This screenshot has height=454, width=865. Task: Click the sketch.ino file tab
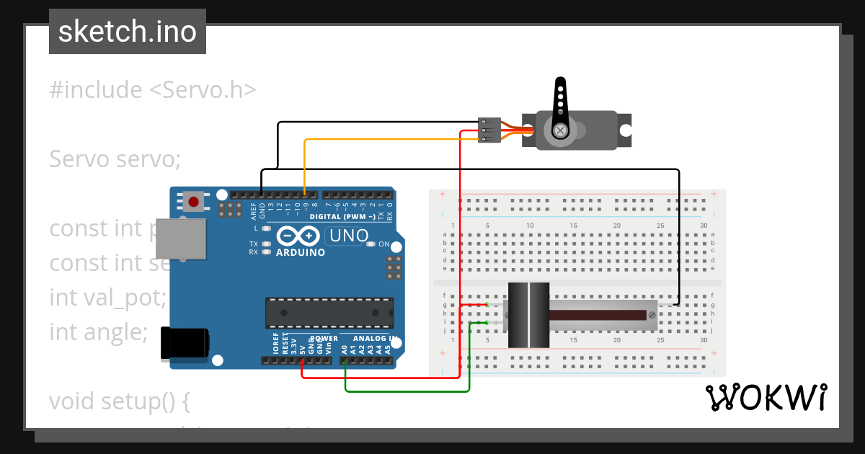coord(127,32)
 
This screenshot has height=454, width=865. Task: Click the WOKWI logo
coord(766,397)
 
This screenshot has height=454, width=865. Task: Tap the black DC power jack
coord(185,343)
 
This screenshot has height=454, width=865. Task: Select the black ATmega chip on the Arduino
coord(329,312)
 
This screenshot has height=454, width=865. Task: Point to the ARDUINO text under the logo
coord(301,252)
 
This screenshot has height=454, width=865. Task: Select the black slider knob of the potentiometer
coord(528,315)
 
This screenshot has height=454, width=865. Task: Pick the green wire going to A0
coord(407,391)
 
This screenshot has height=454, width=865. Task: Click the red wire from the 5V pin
coord(382,377)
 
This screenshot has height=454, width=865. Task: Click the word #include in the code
coord(96,90)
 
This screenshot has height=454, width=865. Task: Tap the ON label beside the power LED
coord(383,244)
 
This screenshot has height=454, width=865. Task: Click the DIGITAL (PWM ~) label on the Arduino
coord(342,216)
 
